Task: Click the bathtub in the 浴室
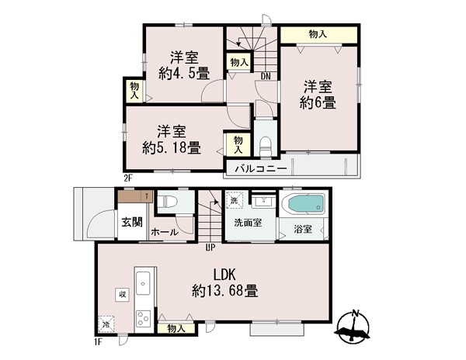(x=304, y=205)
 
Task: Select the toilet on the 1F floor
(x=167, y=202)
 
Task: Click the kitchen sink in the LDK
(x=143, y=283)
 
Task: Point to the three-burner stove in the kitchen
(x=143, y=318)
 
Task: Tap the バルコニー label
(x=261, y=169)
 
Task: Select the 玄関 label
(x=132, y=223)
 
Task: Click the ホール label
(x=165, y=233)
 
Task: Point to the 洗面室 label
(x=248, y=223)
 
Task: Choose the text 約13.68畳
(x=224, y=291)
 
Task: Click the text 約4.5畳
(x=184, y=73)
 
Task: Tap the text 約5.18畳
(x=171, y=147)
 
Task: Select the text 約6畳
(x=318, y=102)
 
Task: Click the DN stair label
(x=266, y=77)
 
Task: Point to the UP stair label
(x=210, y=247)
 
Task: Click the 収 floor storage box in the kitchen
(x=122, y=295)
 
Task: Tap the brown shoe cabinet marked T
(x=135, y=196)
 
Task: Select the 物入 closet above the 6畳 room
(x=319, y=35)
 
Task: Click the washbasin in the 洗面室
(x=263, y=202)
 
